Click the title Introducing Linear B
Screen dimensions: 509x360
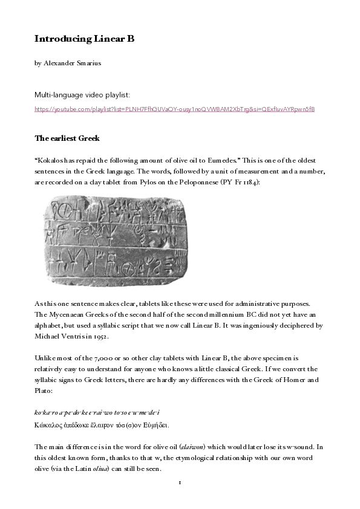coord(84,39)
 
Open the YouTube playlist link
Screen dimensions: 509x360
coord(174,109)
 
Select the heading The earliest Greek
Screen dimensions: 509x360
coord(67,138)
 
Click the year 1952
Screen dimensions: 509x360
coord(99,336)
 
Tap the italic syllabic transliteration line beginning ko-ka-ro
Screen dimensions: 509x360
coord(97,412)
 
